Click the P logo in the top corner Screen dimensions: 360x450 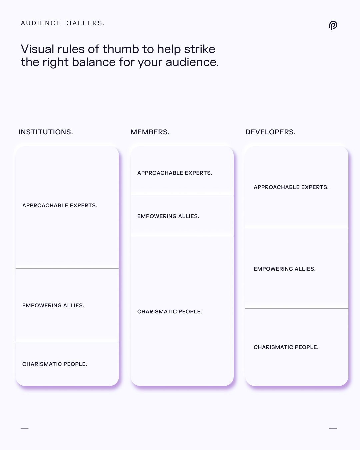point(333,26)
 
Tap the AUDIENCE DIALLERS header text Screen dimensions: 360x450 point(63,23)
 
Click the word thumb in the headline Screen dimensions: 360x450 point(121,49)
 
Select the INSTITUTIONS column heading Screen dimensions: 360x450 point(46,132)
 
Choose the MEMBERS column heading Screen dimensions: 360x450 point(150,132)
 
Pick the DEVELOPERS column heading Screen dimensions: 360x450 point(270,132)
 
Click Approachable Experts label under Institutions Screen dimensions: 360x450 point(60,205)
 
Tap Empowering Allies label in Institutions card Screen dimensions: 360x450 point(53,305)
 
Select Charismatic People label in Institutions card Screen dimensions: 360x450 point(55,364)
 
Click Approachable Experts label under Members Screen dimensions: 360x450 point(175,173)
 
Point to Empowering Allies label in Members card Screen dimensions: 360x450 point(168,216)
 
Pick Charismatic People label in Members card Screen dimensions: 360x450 point(170,311)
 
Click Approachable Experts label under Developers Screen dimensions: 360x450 point(291,187)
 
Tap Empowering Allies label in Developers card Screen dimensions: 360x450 point(285,269)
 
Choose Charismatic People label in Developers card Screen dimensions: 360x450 point(286,347)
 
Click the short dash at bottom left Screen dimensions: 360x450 point(25,429)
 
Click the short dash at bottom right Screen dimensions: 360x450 point(333,429)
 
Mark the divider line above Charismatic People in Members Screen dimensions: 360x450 point(182,237)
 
